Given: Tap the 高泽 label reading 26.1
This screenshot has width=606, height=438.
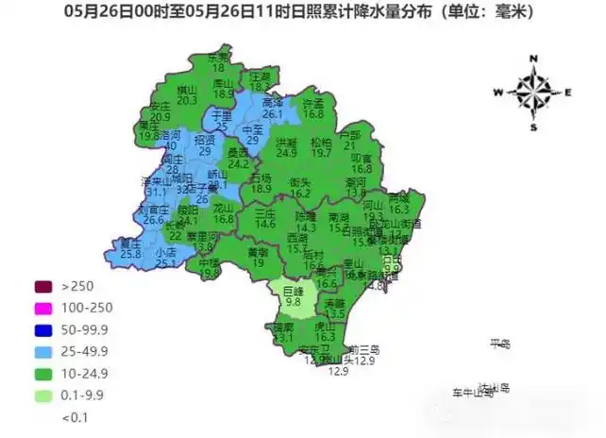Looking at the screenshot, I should tap(273, 114).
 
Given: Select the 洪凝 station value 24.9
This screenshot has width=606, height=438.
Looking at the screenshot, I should tap(287, 152).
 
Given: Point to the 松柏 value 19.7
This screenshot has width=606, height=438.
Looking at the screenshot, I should tap(322, 152).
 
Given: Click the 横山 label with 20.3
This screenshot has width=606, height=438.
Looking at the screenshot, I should tap(187, 99).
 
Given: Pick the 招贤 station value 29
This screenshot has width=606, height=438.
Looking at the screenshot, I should tap(205, 150).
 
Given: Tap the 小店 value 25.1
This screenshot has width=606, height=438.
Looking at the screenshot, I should tap(166, 263).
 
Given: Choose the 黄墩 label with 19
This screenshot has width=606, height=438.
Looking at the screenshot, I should tap(258, 263).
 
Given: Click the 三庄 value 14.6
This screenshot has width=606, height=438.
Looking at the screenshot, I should tap(265, 224).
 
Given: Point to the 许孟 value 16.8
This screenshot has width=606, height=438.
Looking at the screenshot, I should tap(313, 113).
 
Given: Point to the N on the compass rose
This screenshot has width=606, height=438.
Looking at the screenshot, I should tap(533, 59).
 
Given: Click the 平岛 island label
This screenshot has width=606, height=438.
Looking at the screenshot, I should tap(499, 344).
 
